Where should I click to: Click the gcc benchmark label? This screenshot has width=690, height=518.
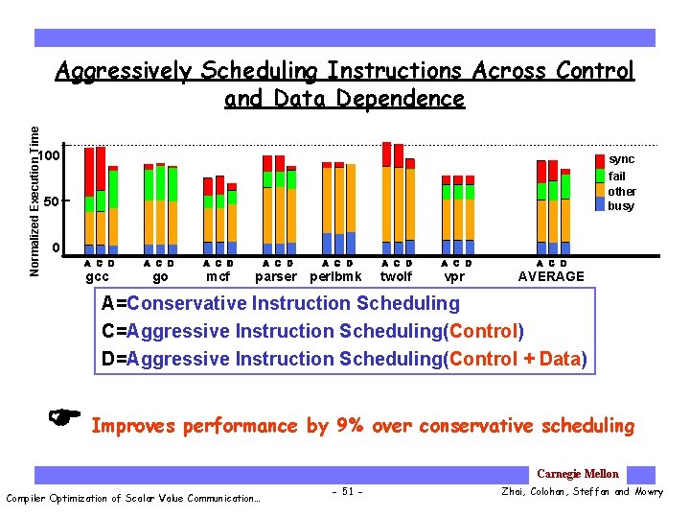pos(97,276)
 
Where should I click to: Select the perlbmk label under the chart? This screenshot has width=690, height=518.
pos(335,276)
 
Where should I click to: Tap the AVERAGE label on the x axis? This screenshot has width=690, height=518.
pos(551,276)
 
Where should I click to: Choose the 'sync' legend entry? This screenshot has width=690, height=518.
pos(621,159)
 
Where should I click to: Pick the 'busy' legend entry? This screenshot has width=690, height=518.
pos(621,206)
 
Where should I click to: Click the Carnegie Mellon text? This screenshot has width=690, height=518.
pos(577,474)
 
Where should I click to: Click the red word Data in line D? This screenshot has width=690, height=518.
pos(560,360)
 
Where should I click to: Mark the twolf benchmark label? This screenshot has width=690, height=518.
pos(396,276)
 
